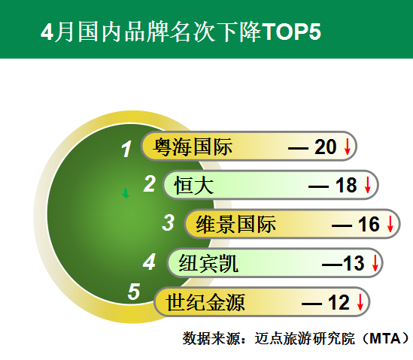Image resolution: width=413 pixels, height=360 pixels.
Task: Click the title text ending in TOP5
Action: (181, 32)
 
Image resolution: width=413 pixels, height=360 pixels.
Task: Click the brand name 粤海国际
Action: (193, 147)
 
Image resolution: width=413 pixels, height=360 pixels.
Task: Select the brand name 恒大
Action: (193, 186)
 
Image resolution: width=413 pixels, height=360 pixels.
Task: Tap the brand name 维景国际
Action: (236, 224)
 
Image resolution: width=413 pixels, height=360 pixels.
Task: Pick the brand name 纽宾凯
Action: (208, 263)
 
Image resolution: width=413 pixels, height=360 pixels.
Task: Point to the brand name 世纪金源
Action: (205, 302)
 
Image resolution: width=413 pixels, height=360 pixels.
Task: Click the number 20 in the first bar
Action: (325, 147)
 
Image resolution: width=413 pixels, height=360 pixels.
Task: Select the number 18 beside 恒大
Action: (346, 186)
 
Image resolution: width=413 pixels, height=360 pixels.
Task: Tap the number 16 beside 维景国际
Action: (369, 224)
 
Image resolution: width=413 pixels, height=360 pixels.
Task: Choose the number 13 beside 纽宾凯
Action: (354, 263)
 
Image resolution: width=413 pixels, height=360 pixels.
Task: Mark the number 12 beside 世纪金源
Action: (339, 302)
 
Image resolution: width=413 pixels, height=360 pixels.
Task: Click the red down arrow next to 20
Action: (348, 147)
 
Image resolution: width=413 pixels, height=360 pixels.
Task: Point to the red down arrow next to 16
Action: (390, 224)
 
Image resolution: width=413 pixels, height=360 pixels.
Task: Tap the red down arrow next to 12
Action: (360, 302)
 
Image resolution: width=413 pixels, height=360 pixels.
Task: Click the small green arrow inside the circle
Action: (126, 193)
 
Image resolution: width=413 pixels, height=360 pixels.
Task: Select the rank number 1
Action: (126, 150)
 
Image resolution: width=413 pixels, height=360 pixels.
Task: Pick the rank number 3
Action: (168, 222)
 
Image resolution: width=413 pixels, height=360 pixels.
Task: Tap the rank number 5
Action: (134, 292)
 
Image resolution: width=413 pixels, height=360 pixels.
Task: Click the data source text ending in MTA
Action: (296, 338)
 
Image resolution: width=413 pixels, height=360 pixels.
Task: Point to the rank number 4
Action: (150, 262)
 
